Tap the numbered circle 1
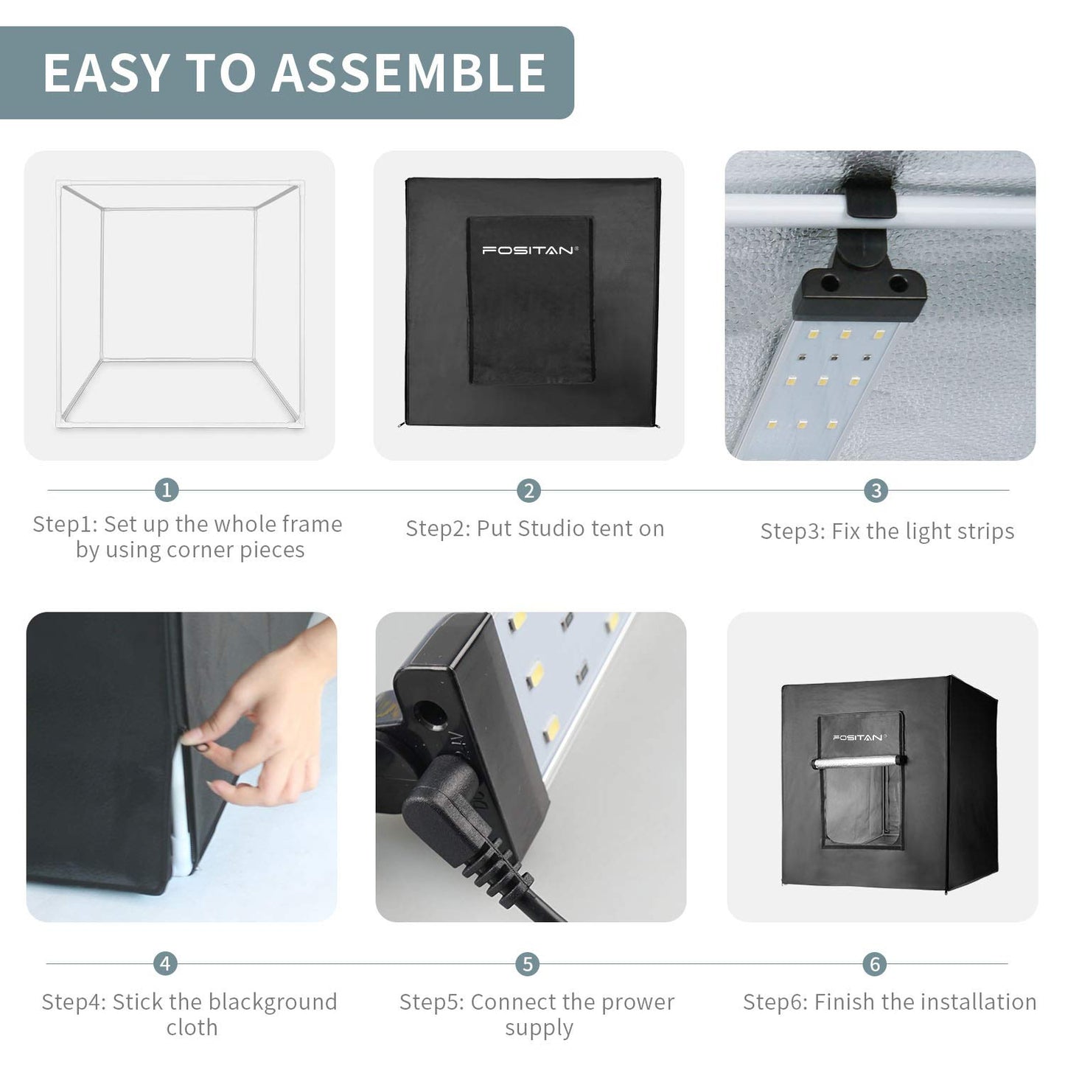tap(167, 489)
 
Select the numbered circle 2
tap(529, 491)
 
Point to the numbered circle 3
tap(876, 490)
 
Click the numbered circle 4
tap(165, 964)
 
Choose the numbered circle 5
tap(527, 965)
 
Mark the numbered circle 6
tap(874, 965)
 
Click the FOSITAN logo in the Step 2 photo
tap(530, 251)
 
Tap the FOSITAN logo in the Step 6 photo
tap(859, 737)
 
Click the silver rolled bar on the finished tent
tap(859, 763)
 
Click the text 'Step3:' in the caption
tap(792, 531)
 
